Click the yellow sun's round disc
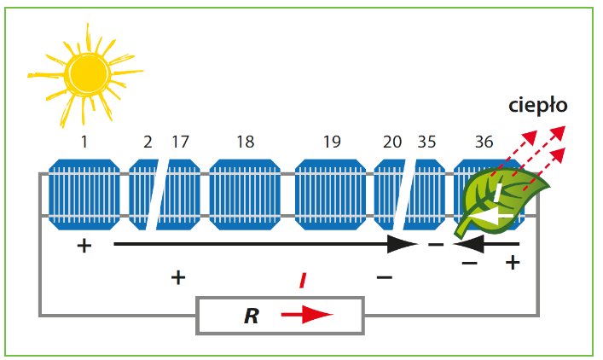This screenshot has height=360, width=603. tap(88, 74)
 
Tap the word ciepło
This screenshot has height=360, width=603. tap(537, 106)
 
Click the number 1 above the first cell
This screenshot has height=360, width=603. tap(84, 142)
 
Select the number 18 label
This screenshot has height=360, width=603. tap(246, 142)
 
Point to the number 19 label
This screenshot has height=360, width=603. tap(332, 142)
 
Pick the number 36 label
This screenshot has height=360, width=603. tap(484, 142)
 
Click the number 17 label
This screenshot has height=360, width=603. tap(180, 142)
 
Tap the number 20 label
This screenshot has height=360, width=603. tap(391, 142)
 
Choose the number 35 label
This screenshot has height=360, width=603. tap(426, 142)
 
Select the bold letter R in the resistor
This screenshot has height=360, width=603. tap(252, 316)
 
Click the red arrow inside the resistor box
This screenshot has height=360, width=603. tap(307, 315)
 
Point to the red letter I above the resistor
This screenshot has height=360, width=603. tap(303, 281)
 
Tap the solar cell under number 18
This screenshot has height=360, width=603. tap(245, 195)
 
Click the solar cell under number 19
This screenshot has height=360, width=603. tap(331, 195)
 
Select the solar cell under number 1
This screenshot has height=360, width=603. tap(84, 195)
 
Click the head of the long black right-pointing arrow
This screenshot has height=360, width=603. tap(403, 244)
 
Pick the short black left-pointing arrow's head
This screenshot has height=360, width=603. tap(468, 244)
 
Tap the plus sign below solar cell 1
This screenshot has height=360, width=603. tap(84, 246)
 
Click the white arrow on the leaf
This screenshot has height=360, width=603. tap(493, 207)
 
